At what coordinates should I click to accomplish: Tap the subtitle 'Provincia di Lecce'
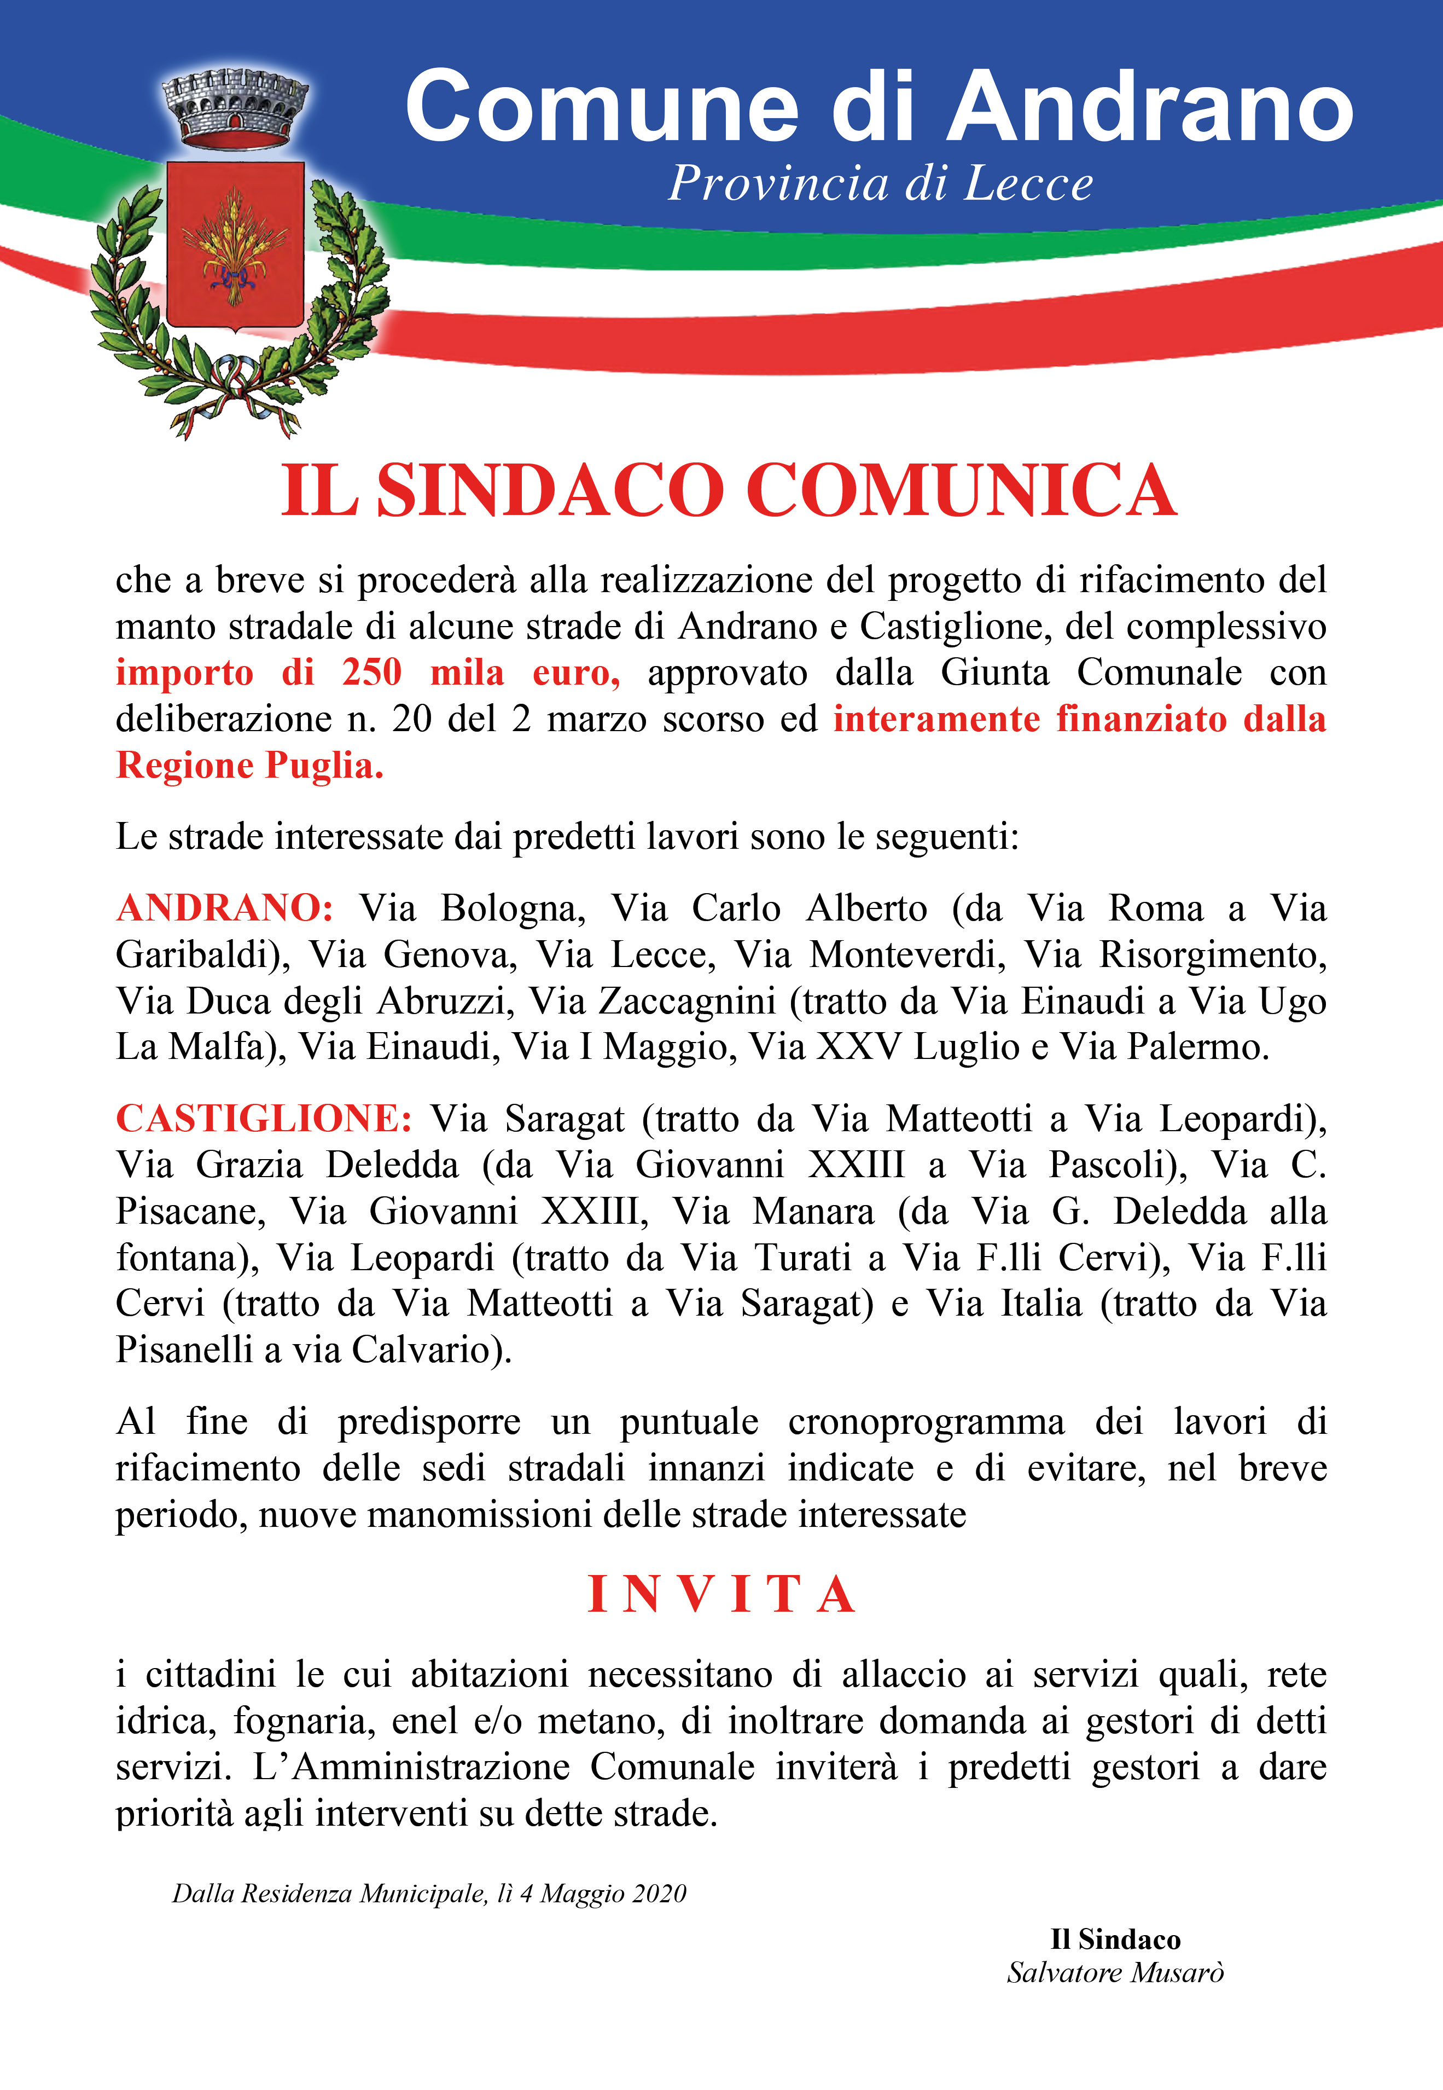click(x=880, y=183)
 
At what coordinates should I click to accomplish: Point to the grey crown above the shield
click(x=234, y=111)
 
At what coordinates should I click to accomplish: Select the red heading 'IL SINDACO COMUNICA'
click(x=728, y=490)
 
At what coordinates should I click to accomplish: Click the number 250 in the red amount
click(x=371, y=673)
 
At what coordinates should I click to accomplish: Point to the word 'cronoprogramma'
click(x=926, y=1422)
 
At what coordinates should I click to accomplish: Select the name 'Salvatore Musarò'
click(x=1115, y=1972)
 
